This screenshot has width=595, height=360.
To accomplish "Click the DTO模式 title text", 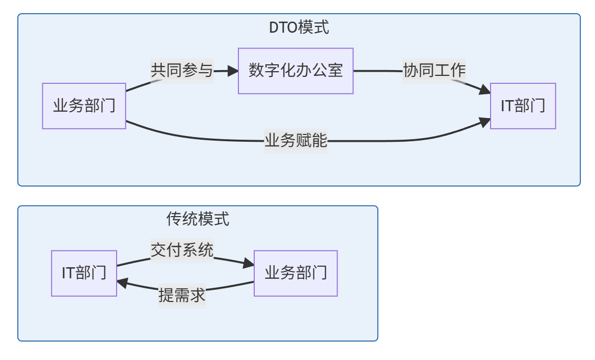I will [x=299, y=27].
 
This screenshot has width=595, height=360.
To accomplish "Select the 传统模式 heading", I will [x=198, y=219].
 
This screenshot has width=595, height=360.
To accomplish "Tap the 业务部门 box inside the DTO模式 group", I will [x=84, y=106].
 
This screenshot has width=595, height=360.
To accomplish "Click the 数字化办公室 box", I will [x=295, y=71].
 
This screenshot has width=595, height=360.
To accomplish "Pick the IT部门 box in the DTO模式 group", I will [x=523, y=106].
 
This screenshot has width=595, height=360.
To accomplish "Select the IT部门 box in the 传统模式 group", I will [x=84, y=273].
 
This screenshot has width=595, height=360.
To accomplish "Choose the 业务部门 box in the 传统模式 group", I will [x=295, y=273].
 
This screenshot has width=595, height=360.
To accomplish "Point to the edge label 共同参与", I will [x=182, y=71].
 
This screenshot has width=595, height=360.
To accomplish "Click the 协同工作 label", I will [x=434, y=71].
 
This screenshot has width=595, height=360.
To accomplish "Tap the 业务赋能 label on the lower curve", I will [x=295, y=141].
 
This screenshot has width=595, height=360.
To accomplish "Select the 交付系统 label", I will [x=182, y=250].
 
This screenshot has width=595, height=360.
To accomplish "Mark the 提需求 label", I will [x=182, y=296].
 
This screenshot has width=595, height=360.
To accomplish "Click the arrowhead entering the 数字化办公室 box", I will [x=232, y=71].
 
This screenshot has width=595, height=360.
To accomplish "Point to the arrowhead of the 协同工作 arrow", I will [x=485, y=91].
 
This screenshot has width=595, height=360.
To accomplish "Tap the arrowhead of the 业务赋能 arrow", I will [x=485, y=122].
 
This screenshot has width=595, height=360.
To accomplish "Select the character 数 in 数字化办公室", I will [x=256, y=71].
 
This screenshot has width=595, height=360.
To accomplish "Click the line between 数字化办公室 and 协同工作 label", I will [x=377, y=71].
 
